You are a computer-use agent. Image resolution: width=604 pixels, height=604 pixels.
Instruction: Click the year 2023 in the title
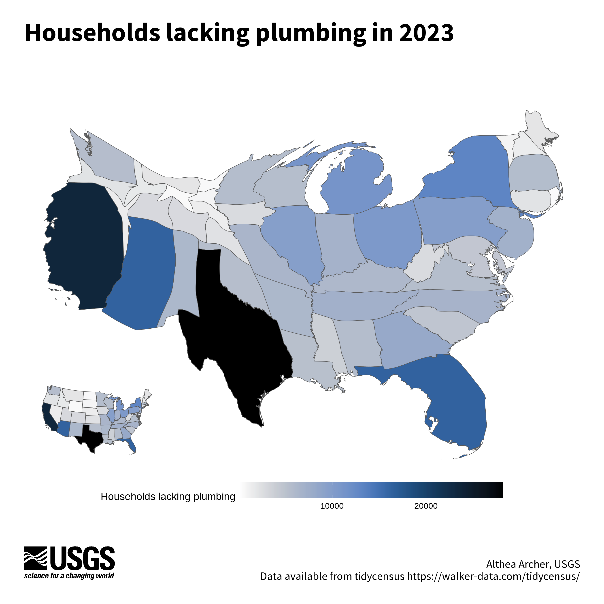click(x=426, y=33)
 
